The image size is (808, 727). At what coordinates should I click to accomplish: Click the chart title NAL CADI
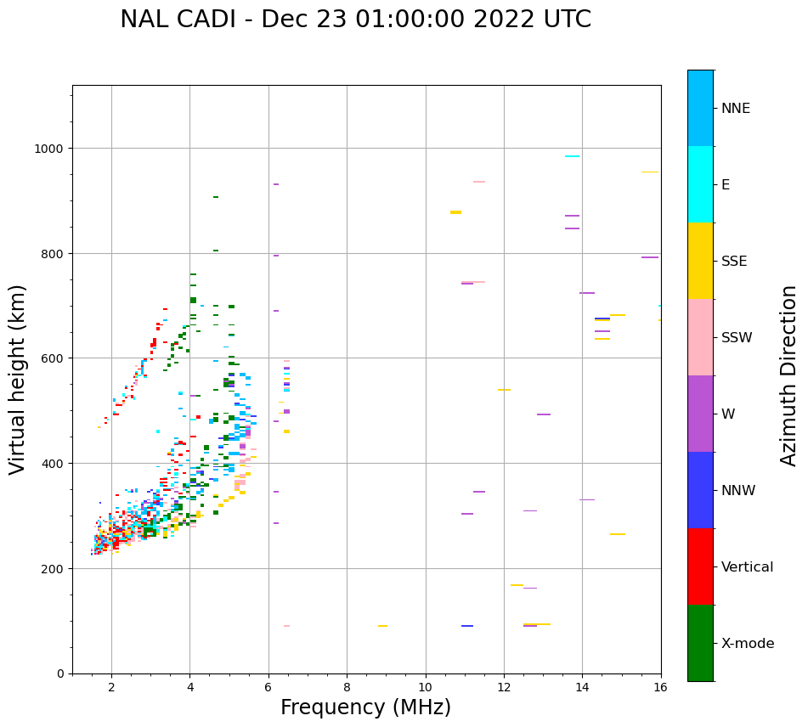[x=355, y=20]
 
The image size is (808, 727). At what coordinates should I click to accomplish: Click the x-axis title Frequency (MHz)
[x=365, y=707]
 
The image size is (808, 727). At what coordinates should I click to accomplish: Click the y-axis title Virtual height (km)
[x=18, y=380]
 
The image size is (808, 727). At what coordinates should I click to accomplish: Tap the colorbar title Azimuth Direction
[x=789, y=375]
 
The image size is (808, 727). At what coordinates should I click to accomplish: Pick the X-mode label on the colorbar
[x=748, y=644]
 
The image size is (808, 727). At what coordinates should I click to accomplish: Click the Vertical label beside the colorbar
[x=748, y=567]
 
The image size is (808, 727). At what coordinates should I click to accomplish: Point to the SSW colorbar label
[x=737, y=338]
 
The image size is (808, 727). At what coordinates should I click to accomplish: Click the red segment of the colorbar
[x=700, y=566]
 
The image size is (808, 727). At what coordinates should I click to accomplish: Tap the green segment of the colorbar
[x=700, y=643]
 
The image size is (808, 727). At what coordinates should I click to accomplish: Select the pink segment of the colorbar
[x=700, y=337]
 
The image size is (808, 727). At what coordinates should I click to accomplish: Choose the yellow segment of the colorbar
[x=700, y=261]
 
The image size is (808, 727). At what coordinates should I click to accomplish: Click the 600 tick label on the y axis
[x=55, y=358]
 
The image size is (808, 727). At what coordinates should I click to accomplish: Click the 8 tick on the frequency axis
[x=347, y=687]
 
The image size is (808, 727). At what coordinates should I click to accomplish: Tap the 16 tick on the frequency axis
[x=660, y=687]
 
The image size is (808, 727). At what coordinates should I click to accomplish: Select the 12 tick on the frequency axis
[x=504, y=687]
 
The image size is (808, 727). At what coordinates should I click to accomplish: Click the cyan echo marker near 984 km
[x=572, y=156]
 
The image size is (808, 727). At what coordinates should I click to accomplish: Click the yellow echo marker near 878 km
[x=455, y=212]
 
